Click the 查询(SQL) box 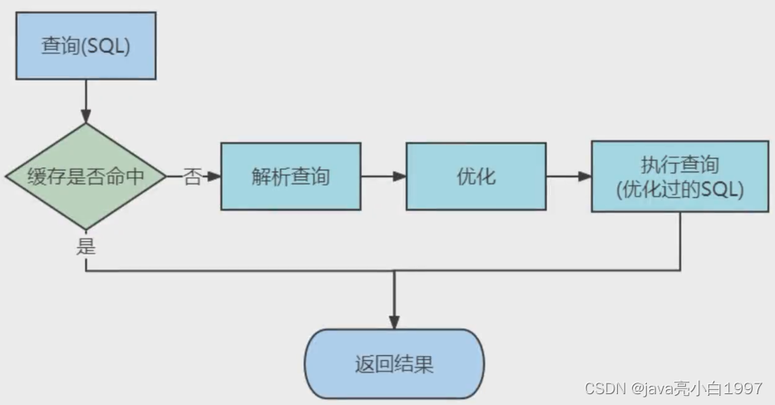pos(86,47)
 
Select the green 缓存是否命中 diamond pos(86,176)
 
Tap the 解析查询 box pos(290,176)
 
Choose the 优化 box pos(476,176)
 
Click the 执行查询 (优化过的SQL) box pos(679,176)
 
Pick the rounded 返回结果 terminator pos(394,365)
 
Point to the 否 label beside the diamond pos(193,177)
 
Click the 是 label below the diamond pos(86,247)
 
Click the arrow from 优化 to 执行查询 pos(570,176)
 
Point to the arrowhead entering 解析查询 pos(214,176)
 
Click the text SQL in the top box pos(109,47)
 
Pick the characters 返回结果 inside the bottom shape pos(394,365)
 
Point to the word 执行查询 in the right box pos(679,164)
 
